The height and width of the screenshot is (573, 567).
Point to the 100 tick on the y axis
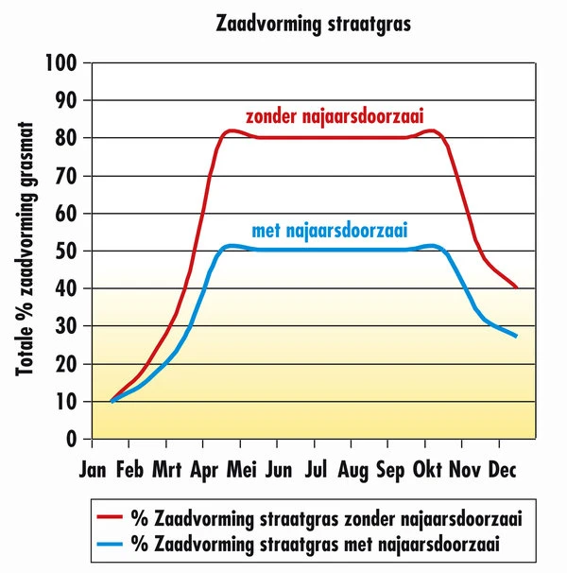[64, 63]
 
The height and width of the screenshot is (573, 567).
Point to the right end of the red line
[517, 287]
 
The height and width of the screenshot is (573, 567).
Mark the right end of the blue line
[517, 336]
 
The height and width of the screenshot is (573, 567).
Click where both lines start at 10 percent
[112, 401]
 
